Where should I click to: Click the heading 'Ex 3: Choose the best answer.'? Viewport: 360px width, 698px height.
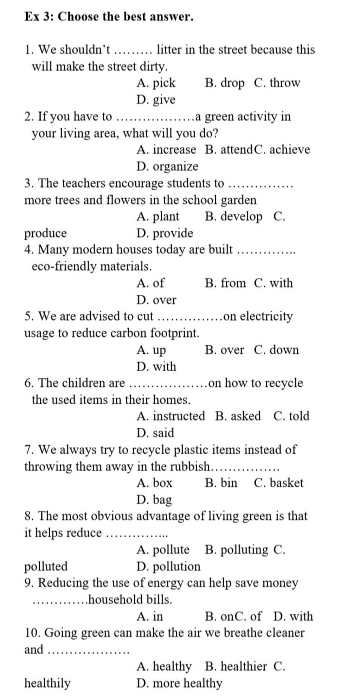[109, 17]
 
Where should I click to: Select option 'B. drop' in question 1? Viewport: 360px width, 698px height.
[224, 83]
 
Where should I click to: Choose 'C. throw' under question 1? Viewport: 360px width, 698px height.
[277, 83]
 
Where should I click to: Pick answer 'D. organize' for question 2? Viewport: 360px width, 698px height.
[167, 167]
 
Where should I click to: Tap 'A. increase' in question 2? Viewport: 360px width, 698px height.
[166, 150]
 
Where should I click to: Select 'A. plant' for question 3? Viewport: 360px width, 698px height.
[158, 217]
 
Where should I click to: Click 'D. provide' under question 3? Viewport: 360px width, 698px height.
[165, 233]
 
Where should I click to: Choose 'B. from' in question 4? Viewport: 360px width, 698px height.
[225, 283]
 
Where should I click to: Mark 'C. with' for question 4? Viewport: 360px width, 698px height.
[273, 283]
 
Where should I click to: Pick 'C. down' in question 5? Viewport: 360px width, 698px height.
[276, 350]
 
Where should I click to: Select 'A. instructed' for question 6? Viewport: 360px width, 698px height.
[171, 416]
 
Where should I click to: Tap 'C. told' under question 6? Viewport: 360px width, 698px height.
[291, 416]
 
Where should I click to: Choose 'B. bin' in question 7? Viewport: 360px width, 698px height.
[221, 483]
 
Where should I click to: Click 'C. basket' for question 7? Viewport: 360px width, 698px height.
[278, 483]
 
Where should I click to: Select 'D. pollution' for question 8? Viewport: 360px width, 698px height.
[168, 566]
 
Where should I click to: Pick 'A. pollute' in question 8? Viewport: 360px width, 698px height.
[163, 550]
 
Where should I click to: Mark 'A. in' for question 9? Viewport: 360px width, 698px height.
[150, 616]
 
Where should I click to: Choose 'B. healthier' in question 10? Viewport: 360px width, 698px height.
[236, 666]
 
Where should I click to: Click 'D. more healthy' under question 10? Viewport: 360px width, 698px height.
[179, 683]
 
